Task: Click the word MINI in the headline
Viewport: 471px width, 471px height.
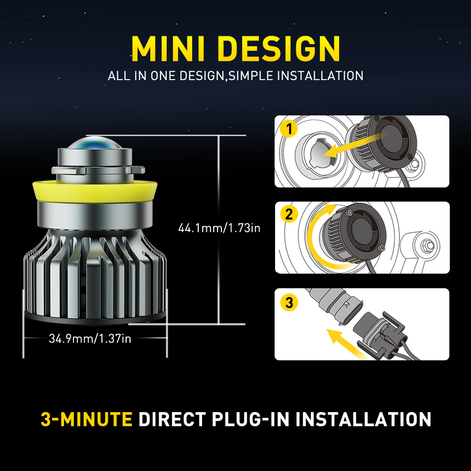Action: pos(168,49)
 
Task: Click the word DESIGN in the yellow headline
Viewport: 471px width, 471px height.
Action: pos(280,49)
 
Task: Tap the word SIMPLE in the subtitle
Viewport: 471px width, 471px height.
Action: pos(251,76)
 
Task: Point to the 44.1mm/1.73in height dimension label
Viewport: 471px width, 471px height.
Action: pos(219,228)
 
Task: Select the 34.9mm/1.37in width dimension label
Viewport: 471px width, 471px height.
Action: pos(90,339)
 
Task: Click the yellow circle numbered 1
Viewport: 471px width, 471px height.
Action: pos(289,129)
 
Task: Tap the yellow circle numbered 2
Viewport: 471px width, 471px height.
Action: pos(289,214)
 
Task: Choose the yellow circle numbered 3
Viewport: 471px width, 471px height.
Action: pos(289,302)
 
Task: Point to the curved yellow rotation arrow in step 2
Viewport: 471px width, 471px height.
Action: pos(313,237)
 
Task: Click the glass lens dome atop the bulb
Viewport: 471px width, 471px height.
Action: pos(95,143)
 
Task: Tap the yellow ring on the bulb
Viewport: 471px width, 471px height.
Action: pos(95,191)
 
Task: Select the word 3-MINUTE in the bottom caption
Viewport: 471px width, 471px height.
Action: pos(87,419)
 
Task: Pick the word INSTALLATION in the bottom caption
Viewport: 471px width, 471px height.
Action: pos(364,419)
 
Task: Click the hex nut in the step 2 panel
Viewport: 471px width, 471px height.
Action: pos(428,246)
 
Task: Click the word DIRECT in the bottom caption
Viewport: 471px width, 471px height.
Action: pos(172,419)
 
